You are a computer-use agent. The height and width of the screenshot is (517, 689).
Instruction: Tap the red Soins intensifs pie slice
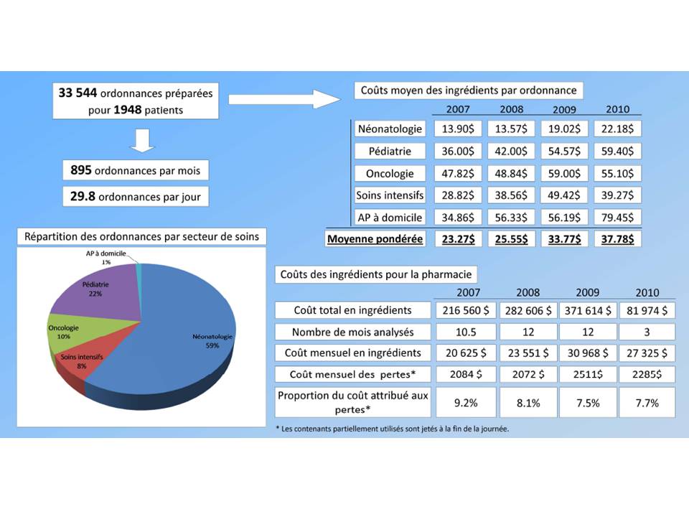click(75, 366)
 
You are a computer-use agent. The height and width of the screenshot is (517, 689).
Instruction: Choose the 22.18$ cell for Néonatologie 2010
click(617, 129)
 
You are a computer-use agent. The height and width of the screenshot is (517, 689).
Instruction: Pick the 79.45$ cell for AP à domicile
click(617, 217)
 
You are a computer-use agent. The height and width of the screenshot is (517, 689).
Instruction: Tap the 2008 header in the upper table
click(511, 109)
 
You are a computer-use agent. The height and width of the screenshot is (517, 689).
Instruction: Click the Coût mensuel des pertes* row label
click(352, 374)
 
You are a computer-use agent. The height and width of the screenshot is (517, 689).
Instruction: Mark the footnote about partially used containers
click(397, 429)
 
